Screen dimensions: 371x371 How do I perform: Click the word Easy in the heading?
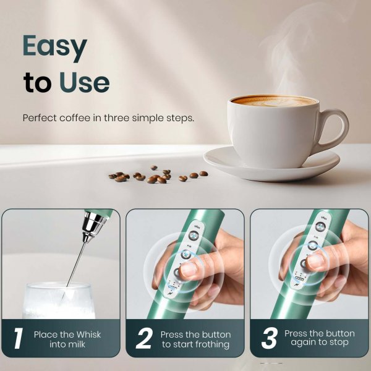pos(54,47)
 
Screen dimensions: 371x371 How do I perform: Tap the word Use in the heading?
pos(85,82)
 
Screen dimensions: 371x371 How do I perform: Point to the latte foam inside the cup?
pos(275,101)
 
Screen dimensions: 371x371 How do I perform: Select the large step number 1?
pos(18,339)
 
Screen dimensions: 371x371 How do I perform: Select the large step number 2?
pos(143,339)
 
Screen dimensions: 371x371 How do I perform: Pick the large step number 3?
pos(268,338)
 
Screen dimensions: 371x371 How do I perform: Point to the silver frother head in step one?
pos(93,225)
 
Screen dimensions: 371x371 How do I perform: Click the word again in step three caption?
pos(304,343)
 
